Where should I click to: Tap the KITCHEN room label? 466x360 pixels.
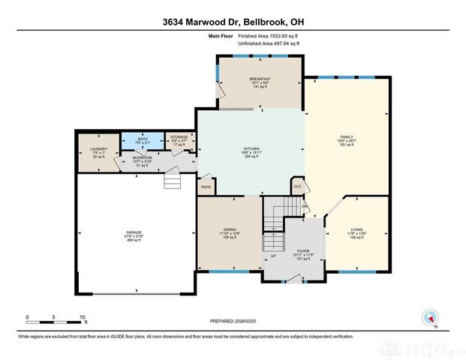point(251,149)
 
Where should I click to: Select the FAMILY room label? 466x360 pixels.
point(346,136)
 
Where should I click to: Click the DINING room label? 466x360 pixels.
point(230,230)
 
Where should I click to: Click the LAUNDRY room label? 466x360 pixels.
point(99,149)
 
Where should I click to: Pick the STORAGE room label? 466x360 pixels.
point(179,137)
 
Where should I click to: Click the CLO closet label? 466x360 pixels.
point(297,185)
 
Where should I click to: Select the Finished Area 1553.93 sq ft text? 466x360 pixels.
point(269,36)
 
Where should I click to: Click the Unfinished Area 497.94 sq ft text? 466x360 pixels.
point(269,44)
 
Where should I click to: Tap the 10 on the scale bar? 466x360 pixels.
point(82,316)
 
